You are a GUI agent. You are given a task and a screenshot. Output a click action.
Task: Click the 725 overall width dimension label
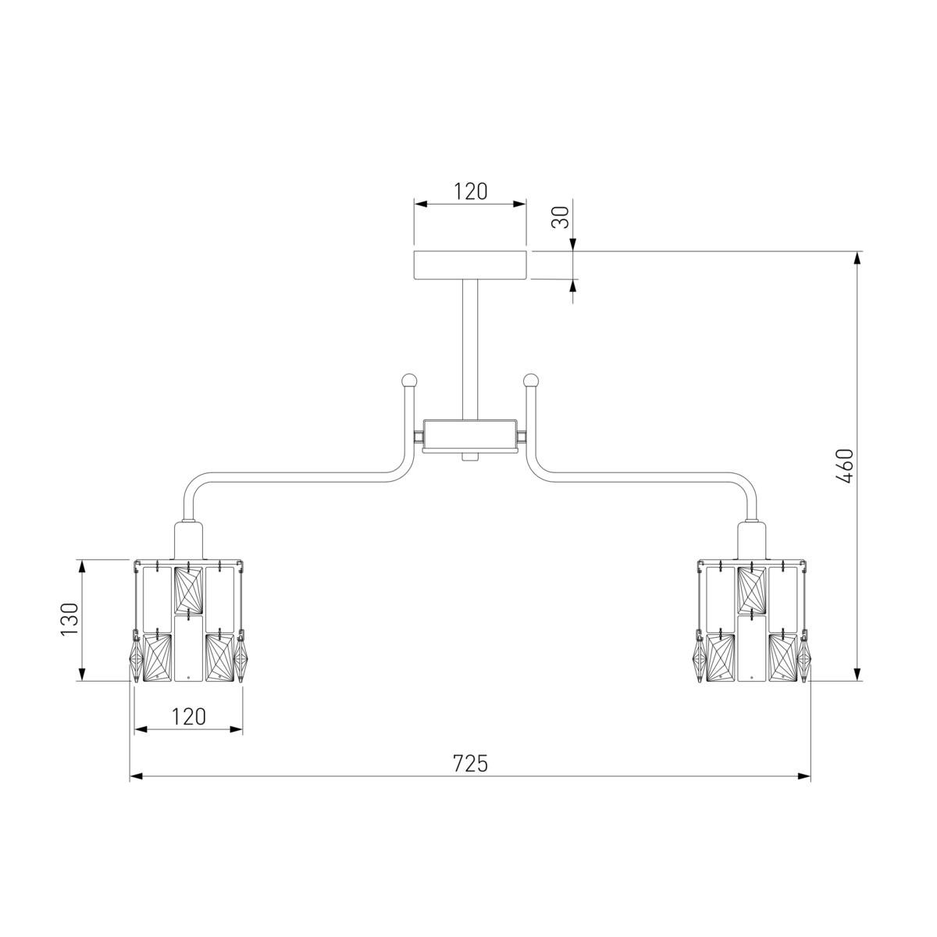click(470, 763)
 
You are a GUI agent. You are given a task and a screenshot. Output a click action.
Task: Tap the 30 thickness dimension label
click(560, 216)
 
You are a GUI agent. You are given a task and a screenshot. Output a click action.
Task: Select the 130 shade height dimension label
click(69, 619)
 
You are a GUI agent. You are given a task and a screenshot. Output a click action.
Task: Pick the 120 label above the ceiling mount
click(470, 191)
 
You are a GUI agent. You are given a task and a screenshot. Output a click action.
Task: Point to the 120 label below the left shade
click(188, 716)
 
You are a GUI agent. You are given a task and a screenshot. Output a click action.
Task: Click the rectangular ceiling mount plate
click(470, 265)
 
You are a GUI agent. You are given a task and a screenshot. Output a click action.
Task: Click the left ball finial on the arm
click(408, 380)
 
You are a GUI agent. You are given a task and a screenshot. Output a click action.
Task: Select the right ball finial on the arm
click(532, 380)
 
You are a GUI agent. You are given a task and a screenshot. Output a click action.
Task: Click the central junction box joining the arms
click(470, 434)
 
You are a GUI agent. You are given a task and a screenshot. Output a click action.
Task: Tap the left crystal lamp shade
click(189, 622)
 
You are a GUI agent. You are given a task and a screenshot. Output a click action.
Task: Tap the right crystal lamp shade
click(752, 622)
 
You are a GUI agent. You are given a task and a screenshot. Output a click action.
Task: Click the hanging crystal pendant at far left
click(137, 660)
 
